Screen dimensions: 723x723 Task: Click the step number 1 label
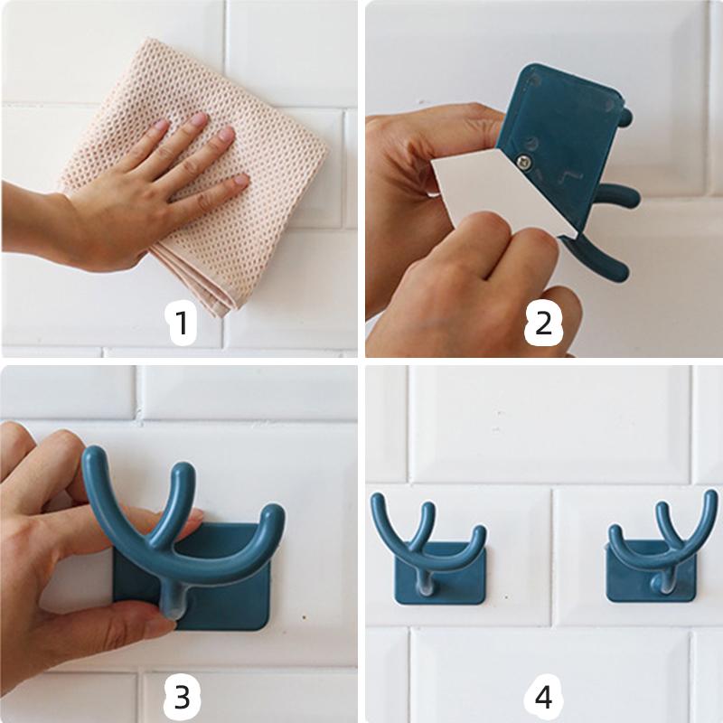point(182,323)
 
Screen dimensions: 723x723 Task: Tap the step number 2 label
point(543,323)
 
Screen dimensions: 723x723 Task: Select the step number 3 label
point(182,697)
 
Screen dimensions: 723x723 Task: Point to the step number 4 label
point(543,697)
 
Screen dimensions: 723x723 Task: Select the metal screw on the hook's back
point(523,162)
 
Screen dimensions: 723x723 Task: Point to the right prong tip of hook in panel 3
point(272,516)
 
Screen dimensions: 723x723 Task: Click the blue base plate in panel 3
point(226,587)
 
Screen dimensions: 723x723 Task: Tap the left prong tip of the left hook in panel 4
point(379,500)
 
